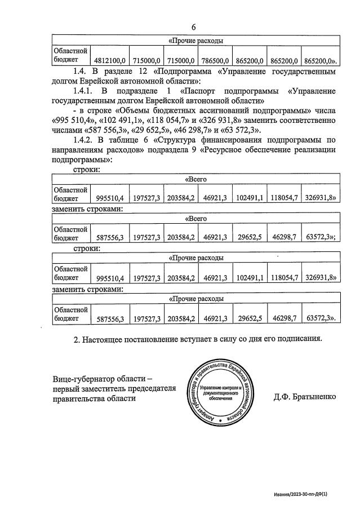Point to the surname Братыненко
(307, 396)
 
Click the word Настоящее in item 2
(105, 339)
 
